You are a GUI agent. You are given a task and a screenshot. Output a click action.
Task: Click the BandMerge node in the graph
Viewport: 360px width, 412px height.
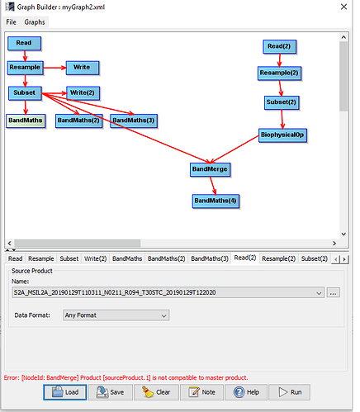point(210,169)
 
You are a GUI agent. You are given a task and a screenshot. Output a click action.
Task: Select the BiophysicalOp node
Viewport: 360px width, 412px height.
point(282,135)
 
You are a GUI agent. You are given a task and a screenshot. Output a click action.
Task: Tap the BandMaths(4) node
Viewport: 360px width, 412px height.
point(216,201)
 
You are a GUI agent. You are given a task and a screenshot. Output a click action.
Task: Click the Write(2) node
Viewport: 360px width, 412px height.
point(83,93)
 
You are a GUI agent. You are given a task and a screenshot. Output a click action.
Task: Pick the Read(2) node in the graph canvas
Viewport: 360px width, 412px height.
point(279,46)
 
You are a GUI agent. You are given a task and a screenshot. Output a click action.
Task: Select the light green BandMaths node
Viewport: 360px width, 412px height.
point(26,121)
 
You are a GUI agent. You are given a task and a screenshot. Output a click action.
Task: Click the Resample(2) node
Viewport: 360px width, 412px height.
point(279,73)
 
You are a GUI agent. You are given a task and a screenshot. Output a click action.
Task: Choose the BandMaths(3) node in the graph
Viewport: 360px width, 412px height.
point(134,121)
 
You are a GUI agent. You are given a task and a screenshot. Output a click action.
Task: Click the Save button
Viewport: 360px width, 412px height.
point(111,392)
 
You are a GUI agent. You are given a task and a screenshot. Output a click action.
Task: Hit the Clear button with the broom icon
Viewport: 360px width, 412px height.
point(157,392)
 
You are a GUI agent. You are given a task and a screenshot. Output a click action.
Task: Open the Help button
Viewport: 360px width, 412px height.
point(246,392)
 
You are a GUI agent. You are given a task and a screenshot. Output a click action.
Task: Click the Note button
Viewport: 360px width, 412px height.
point(201,392)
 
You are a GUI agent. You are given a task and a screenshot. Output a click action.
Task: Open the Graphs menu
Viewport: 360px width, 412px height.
point(35,22)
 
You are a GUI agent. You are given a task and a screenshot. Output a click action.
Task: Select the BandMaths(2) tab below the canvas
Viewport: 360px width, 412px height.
point(166,258)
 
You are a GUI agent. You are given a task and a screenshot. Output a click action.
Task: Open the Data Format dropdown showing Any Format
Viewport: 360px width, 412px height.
point(116,315)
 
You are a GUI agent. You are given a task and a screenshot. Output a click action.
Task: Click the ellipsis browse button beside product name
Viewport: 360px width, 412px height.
point(333,292)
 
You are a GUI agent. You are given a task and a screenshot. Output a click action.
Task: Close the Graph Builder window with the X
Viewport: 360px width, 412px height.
point(343,7)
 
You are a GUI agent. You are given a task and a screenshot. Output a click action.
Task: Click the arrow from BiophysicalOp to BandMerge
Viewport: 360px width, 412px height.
point(234,149)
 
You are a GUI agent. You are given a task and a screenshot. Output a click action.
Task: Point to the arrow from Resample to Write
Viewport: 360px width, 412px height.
point(54,68)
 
